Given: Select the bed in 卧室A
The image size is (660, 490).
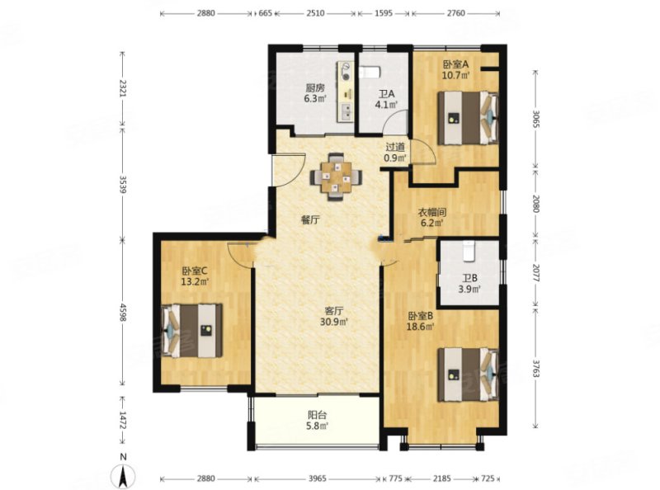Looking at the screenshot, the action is [468, 118].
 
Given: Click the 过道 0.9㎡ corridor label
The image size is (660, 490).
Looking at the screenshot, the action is [396, 153].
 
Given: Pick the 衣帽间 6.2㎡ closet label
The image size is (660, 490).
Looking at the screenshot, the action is [431, 217].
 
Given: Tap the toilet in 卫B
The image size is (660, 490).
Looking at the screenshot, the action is [469, 251].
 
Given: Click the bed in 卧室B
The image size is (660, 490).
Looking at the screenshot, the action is [468, 375].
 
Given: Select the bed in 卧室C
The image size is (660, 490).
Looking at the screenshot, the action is [192, 331].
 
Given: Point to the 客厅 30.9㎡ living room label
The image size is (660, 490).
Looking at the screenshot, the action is [335, 317].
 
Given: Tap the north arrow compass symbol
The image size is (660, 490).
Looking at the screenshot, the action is [123, 474].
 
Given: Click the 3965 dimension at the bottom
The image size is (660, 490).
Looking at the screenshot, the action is [318, 478].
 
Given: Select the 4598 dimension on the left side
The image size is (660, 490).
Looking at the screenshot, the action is [123, 313].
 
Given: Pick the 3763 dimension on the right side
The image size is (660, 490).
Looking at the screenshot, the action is [535, 368].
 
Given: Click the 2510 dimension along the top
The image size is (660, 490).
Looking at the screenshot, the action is [315, 13].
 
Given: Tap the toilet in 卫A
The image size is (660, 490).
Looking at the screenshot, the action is [370, 72].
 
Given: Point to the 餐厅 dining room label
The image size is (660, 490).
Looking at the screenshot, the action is [310, 219].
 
